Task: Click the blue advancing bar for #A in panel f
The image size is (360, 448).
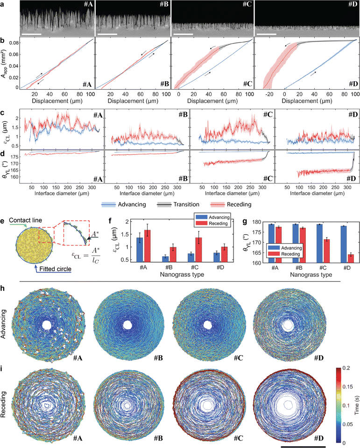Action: [x=139, y=250]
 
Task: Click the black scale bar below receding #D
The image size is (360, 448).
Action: [x=303, y=445]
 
